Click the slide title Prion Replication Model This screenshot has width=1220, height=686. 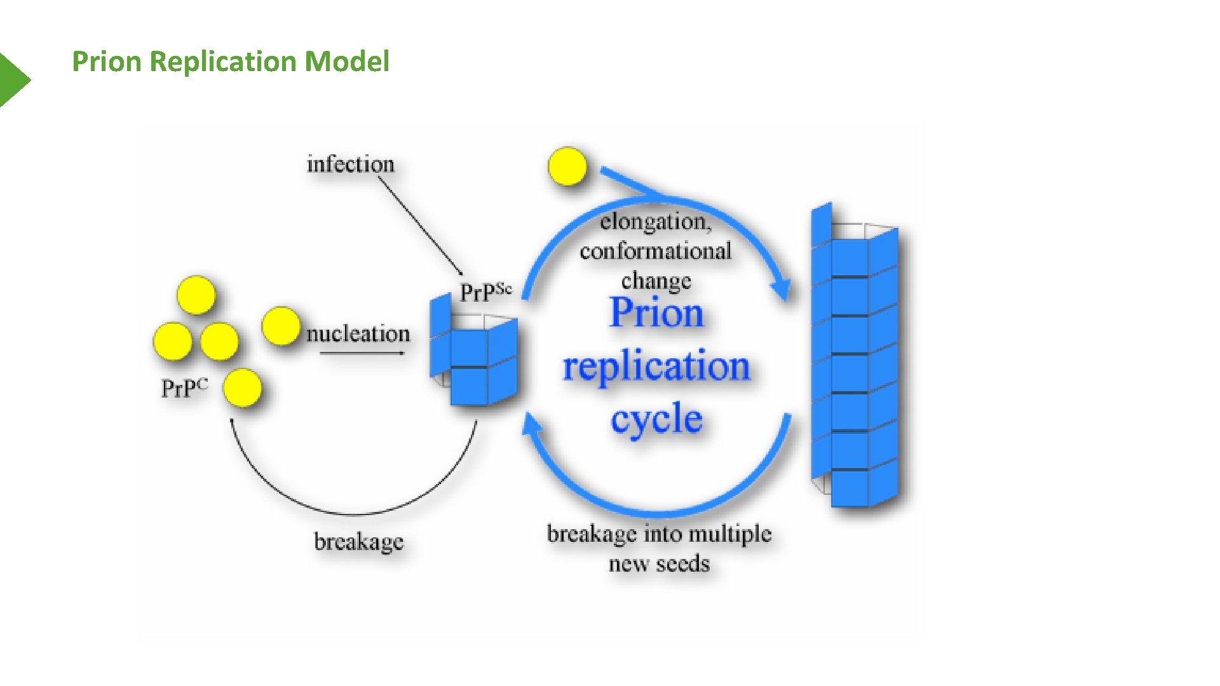tap(230, 62)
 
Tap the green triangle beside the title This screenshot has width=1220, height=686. tap(13, 79)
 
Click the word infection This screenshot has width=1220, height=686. tap(350, 165)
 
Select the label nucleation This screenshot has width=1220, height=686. tap(358, 334)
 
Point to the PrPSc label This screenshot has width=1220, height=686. tap(485, 292)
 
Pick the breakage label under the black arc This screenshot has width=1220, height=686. tap(358, 542)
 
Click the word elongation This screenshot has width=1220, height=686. tap(655, 222)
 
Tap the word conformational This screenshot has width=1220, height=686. tap(655, 252)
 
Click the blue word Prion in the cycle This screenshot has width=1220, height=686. tap(656, 313)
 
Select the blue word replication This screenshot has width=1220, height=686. tap(656, 367)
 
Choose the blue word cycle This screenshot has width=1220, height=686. tap(656, 420)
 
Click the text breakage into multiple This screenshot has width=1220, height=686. tap(659, 534)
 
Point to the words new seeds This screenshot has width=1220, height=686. tap(659, 564)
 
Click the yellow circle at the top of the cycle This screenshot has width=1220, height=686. tap(567, 166)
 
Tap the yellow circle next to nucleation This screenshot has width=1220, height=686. tap(280, 326)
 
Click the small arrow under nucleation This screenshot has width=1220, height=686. tap(362, 353)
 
